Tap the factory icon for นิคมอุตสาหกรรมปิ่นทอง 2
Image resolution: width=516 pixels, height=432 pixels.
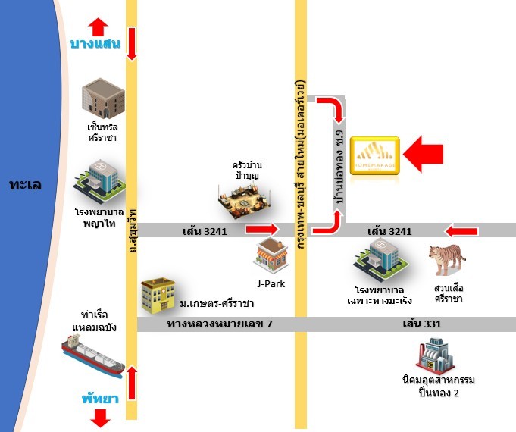pos(438,355)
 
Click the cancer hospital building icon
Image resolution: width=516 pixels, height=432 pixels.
pos(381,261)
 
